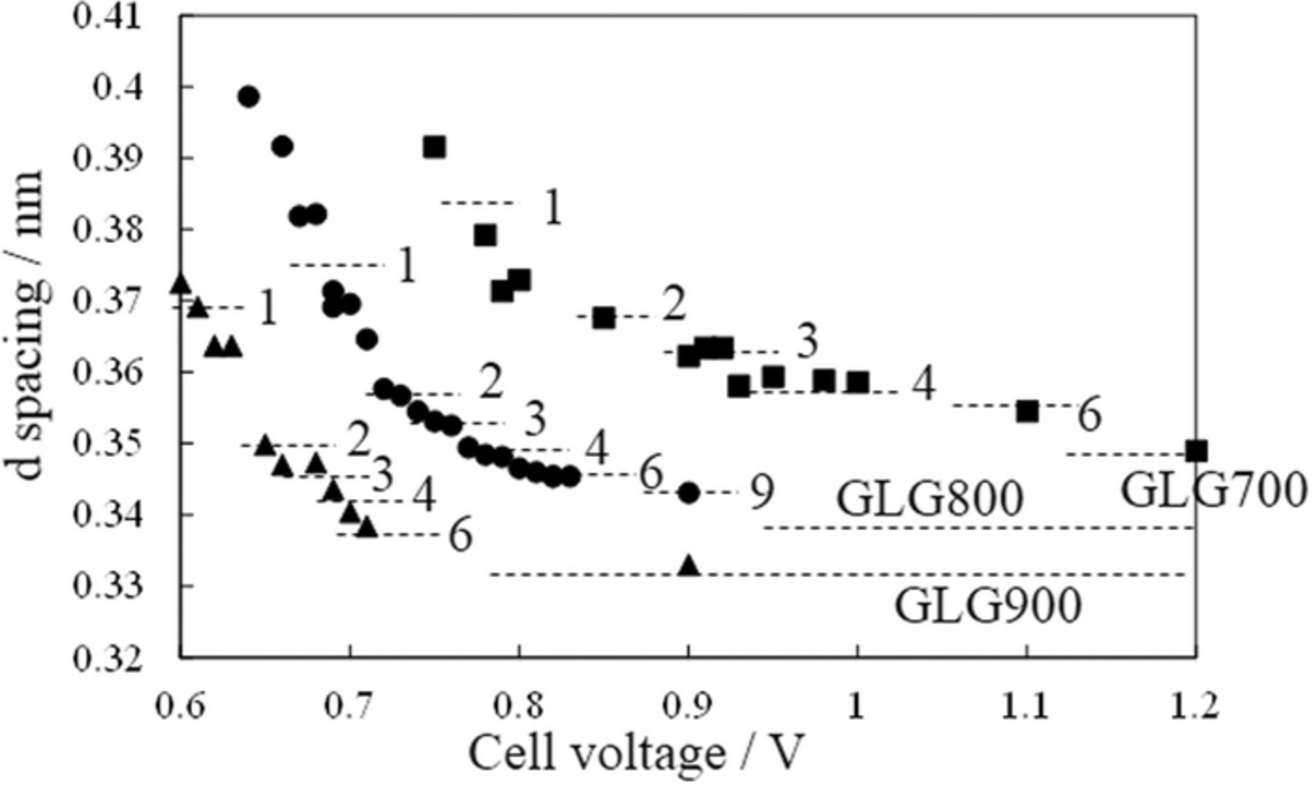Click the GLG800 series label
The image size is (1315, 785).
(929, 499)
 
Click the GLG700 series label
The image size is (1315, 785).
(1213, 491)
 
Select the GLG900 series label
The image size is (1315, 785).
(987, 606)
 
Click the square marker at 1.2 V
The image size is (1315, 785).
(1196, 451)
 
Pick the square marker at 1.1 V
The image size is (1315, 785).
(1027, 412)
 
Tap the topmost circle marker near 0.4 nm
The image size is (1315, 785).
(248, 96)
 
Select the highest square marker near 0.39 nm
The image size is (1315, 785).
(434, 148)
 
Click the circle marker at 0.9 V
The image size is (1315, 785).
(688, 493)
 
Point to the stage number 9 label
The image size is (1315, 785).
(761, 493)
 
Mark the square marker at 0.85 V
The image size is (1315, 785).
(603, 318)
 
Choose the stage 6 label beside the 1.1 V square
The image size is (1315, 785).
(1089, 416)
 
